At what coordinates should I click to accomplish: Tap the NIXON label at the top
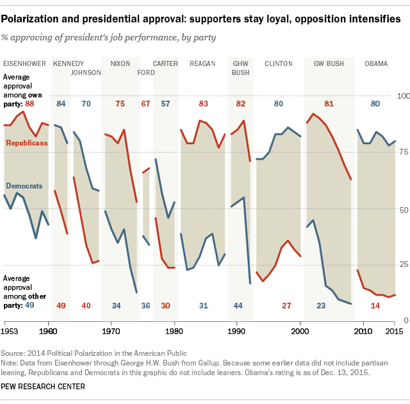pyautogui.click(x=120, y=63)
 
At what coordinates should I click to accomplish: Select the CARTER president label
pyautogui.click(x=165, y=63)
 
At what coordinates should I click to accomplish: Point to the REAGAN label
pyautogui.click(x=202, y=63)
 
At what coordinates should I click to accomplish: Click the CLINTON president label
pyautogui.click(x=279, y=63)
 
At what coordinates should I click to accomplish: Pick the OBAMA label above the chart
pyautogui.click(x=375, y=63)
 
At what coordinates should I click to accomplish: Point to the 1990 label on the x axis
pyautogui.click(x=237, y=331)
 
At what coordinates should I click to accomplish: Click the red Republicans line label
pyautogui.click(x=26, y=143)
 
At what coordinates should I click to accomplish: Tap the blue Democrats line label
pyautogui.click(x=24, y=186)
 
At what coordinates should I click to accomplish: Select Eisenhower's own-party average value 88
pyautogui.click(x=29, y=103)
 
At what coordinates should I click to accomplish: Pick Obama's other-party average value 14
pyautogui.click(x=375, y=305)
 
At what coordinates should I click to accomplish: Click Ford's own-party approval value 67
pyautogui.click(x=145, y=103)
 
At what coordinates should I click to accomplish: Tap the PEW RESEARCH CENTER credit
pyautogui.click(x=44, y=387)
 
